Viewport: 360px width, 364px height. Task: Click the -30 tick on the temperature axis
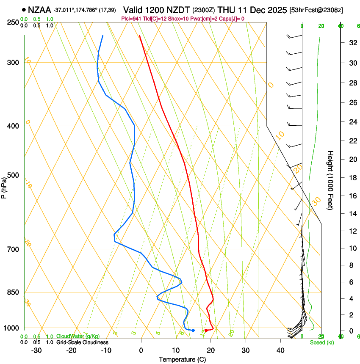36,350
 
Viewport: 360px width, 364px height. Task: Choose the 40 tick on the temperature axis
280,350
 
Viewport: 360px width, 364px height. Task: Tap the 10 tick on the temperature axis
176,350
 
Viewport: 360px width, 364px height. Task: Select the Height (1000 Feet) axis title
331,180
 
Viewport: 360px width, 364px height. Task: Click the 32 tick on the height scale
352,43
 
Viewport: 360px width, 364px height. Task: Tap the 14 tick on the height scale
352,214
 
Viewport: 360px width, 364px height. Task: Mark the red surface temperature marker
206,330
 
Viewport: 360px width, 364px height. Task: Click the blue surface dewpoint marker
193,330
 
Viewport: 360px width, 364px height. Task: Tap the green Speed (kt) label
321,342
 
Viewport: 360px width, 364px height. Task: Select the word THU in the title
227,9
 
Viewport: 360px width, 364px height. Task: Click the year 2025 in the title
275,9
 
